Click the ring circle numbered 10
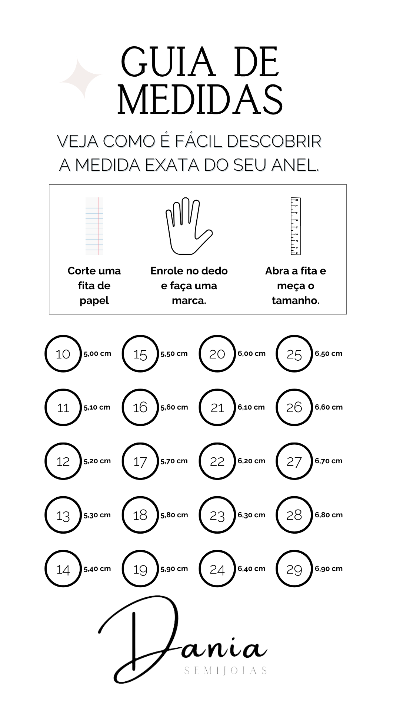(46, 354)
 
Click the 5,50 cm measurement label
(174, 354)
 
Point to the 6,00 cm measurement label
(251, 354)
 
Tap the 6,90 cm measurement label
(329, 569)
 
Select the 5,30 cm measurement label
(97, 515)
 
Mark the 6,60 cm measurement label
(329, 407)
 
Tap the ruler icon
(296, 226)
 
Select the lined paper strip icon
(94, 226)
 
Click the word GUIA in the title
(168, 62)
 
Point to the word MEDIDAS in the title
(200, 99)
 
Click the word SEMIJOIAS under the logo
(226, 671)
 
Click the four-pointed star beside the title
(80, 78)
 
